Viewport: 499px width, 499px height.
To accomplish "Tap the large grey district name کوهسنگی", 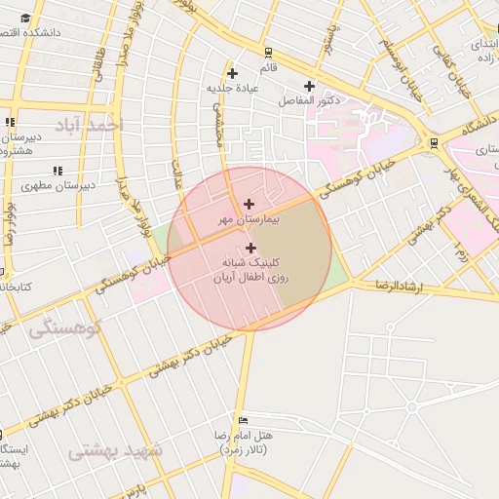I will tap(66, 327).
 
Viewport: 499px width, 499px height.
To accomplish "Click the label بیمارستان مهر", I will tap(249, 220).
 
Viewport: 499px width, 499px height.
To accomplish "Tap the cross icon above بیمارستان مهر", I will tap(249, 204).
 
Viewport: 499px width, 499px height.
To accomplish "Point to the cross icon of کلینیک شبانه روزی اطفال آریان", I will tap(250, 249).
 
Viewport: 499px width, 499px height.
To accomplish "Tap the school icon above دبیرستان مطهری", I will tap(58, 170).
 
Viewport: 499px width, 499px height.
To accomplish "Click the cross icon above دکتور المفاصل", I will tap(310, 85).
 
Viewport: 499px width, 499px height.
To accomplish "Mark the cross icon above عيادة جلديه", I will tap(232, 73).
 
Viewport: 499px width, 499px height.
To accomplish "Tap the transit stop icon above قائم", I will tap(267, 53).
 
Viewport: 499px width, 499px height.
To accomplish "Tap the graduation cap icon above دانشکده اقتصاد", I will tap(24, 18).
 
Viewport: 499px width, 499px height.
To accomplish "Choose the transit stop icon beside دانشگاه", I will tap(433, 142).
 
